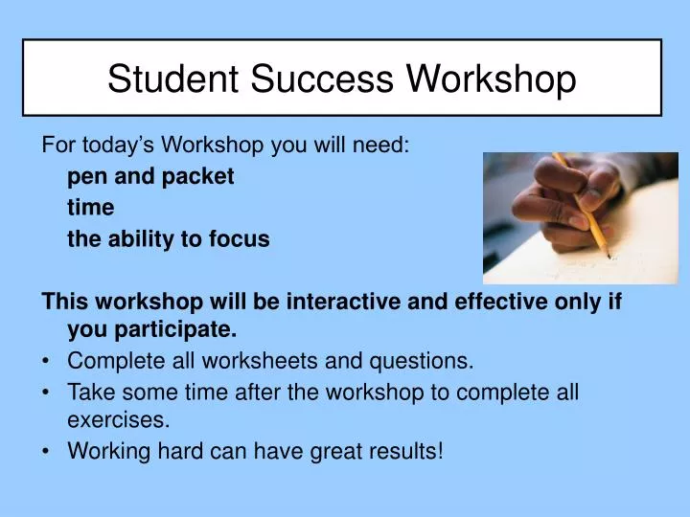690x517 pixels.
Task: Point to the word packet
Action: click(202, 177)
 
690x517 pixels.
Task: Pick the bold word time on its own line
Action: click(90, 209)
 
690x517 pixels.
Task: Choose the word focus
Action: click(241, 240)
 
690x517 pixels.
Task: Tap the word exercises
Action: click(119, 419)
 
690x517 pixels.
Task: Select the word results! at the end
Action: click(408, 450)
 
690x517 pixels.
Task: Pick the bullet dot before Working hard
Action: click(47, 450)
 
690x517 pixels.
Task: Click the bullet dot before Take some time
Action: click(47, 392)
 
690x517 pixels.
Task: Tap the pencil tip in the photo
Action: click(608, 256)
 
